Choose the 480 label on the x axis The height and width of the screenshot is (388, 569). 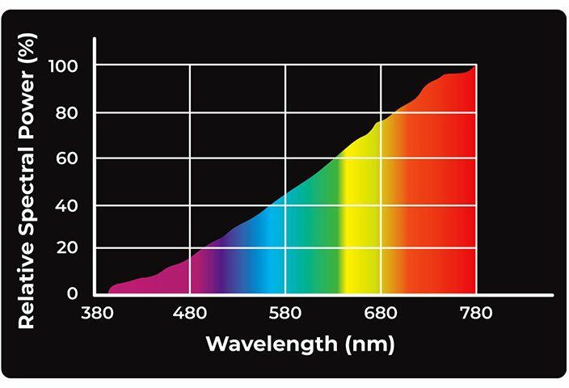coord(190,313)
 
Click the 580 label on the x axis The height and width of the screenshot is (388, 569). coord(285,313)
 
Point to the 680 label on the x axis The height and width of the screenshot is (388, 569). coord(381,313)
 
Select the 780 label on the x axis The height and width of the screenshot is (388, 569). coord(475,313)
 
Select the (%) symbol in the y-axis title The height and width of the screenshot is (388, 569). coord(26,50)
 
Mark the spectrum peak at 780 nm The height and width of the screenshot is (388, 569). coord(474,66)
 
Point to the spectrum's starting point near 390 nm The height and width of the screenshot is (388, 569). coord(109,292)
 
